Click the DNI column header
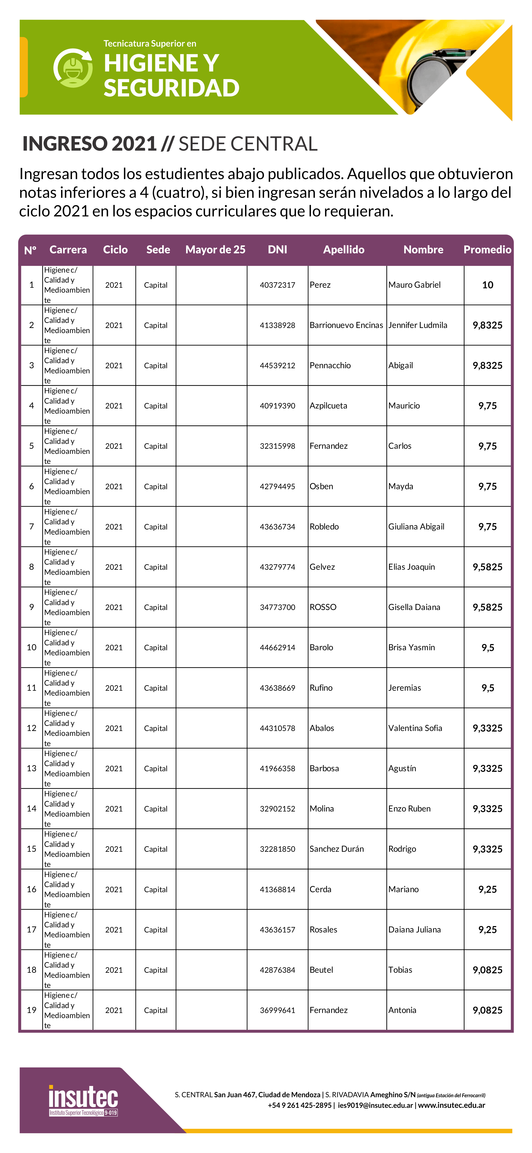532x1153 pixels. (277, 250)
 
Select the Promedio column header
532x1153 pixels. (487, 250)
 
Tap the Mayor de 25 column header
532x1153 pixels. (215, 250)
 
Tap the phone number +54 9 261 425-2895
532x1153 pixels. (299, 1105)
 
